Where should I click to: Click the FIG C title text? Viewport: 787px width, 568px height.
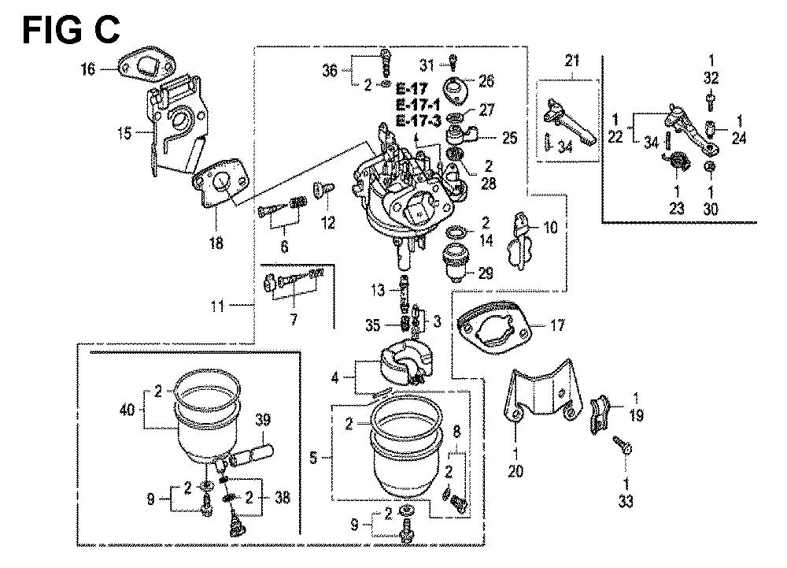tap(71, 30)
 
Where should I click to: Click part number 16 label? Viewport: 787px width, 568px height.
tap(87, 70)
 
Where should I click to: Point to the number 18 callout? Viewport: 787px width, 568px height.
tap(216, 244)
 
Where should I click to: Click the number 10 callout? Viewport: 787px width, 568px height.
tap(550, 228)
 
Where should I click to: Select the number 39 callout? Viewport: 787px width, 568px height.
tap(261, 420)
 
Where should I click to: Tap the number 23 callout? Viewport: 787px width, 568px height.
tap(677, 210)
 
